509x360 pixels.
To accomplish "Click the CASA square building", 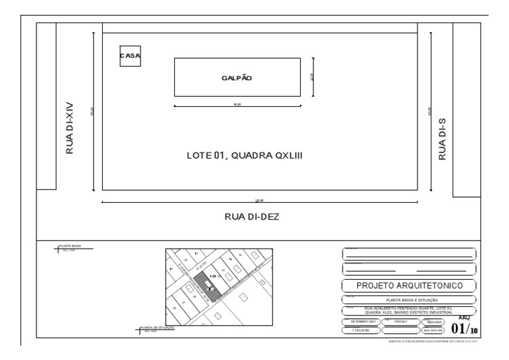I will pyautogui.click(x=130, y=56).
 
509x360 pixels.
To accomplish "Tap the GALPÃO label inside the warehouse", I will pyautogui.click(x=237, y=78).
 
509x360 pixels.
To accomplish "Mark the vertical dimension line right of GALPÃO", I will pyautogui.click(x=313, y=77).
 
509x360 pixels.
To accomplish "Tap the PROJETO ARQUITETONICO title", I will pyautogui.click(x=409, y=286).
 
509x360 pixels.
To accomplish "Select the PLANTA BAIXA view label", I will pyautogui.click(x=70, y=246).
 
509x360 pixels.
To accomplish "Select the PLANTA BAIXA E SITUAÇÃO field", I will pyautogui.click(x=409, y=300).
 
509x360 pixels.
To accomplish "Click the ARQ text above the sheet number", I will pyautogui.click(x=465, y=317).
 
